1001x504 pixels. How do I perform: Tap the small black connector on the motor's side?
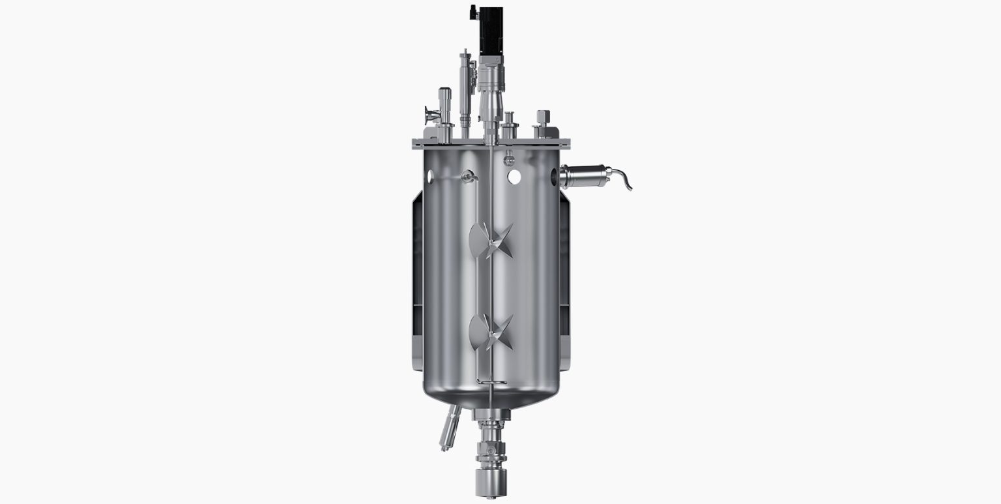[474, 12]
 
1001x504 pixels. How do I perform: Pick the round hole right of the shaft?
[515, 176]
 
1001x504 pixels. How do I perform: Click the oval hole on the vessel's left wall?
[431, 175]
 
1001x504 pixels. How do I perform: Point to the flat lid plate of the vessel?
[491, 143]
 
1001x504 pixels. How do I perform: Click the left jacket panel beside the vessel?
[417, 280]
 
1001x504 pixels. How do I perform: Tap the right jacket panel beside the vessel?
[564, 280]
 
